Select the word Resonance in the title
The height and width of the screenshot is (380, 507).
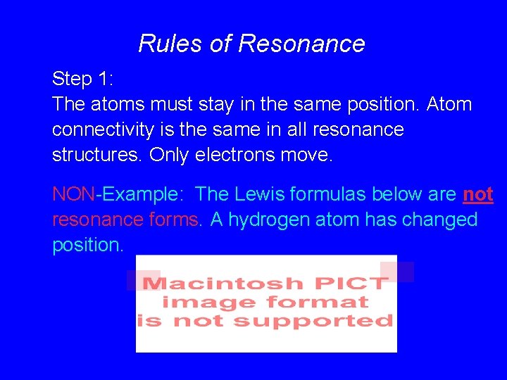[301, 44]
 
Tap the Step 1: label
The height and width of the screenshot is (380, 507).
[82, 79]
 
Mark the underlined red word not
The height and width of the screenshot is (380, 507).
[478, 194]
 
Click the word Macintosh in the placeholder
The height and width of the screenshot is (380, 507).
[213, 284]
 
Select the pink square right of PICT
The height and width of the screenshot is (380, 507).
[396, 272]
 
